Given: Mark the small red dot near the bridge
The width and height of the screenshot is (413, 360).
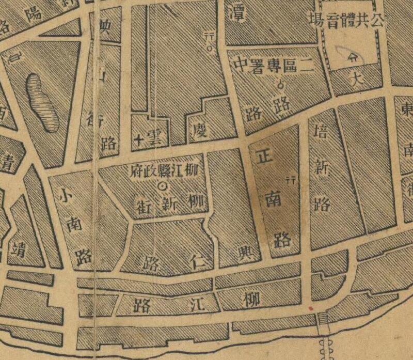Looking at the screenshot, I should point(310,308).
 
